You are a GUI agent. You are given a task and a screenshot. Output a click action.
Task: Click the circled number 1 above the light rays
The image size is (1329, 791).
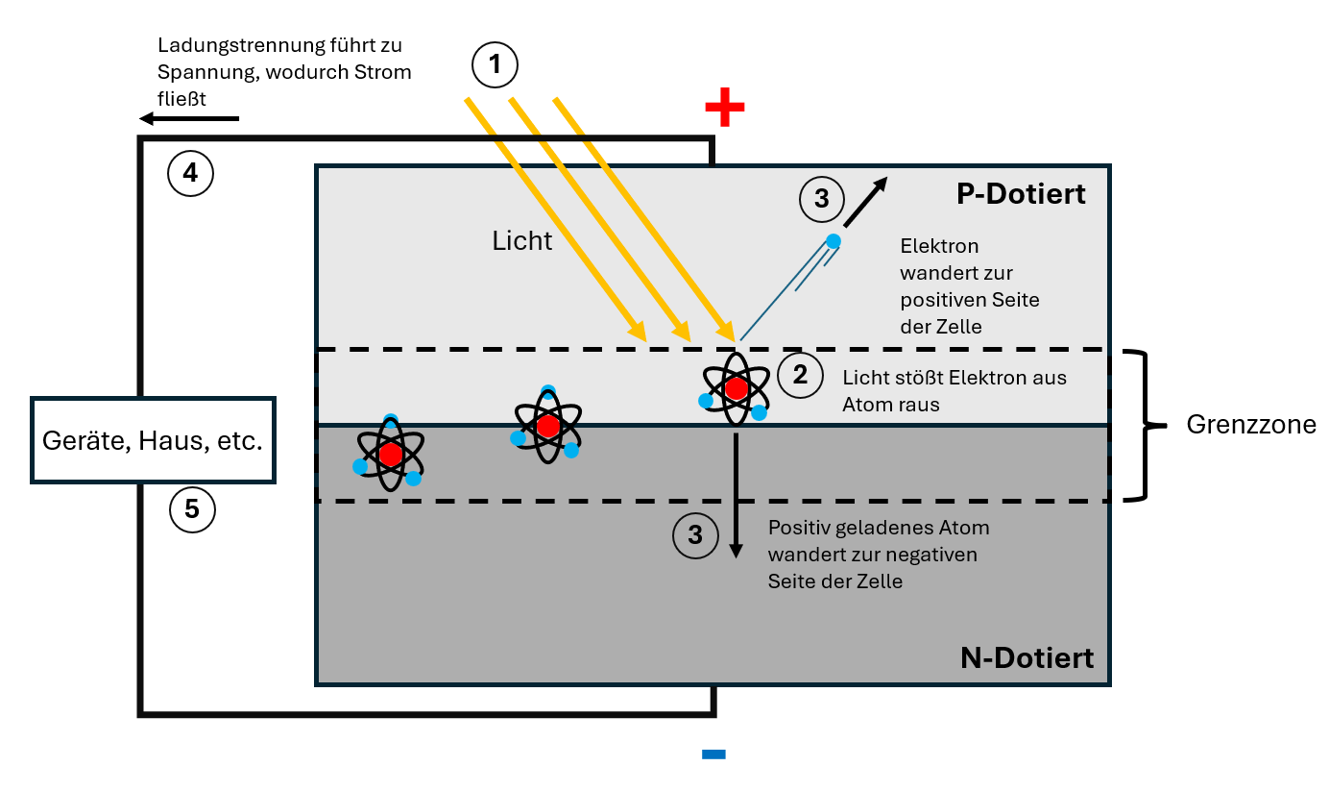tap(495, 65)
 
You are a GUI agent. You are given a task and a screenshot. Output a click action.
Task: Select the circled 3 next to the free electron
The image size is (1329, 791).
tap(821, 199)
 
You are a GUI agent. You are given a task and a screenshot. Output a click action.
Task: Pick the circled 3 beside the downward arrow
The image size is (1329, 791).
tap(695, 534)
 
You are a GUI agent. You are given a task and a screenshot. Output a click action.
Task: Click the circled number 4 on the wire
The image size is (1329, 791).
tap(190, 173)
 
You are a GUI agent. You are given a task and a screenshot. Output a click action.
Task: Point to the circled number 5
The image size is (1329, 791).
tap(192, 509)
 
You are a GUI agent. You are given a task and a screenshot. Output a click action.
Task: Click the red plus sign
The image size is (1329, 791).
tap(724, 109)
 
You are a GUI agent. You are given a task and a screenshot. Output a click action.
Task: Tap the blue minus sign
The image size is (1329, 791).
tap(713, 754)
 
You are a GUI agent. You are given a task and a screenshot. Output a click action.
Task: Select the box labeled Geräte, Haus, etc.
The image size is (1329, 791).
tap(154, 440)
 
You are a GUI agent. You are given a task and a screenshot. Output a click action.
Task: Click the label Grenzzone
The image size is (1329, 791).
tap(1251, 425)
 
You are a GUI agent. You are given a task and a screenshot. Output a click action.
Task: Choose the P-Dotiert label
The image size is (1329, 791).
tap(1021, 194)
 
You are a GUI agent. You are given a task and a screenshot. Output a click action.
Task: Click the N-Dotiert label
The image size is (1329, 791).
tap(1027, 658)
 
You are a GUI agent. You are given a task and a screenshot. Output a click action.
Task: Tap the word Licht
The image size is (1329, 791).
tap(521, 240)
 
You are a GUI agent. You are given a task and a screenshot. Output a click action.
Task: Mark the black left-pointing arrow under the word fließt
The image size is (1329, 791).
tap(188, 118)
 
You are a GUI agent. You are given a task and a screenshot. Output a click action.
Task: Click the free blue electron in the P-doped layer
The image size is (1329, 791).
tap(833, 240)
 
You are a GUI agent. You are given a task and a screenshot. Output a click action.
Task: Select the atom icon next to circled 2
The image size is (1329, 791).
tap(736, 389)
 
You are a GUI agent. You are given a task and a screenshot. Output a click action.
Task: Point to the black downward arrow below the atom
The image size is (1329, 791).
tap(736, 495)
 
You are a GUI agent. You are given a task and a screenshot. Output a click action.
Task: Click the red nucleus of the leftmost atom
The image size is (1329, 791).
tap(390, 454)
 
